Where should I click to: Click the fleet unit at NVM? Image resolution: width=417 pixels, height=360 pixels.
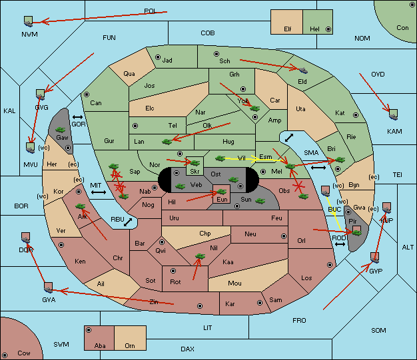click(29, 21)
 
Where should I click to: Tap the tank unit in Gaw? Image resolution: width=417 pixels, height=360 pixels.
click(61, 130)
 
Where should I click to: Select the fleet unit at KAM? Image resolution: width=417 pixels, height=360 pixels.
click(393, 114)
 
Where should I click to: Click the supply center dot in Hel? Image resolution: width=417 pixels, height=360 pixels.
click(328, 29)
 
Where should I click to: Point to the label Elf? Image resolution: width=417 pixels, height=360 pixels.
click(288, 29)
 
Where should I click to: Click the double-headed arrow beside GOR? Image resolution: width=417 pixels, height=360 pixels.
click(77, 117)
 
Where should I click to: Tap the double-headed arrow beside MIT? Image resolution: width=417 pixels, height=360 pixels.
click(99, 192)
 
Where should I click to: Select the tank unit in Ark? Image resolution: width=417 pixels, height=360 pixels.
click(81, 206)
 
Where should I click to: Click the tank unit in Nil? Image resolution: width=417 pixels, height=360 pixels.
click(200, 256)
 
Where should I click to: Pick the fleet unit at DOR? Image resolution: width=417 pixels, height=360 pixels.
click(25, 238)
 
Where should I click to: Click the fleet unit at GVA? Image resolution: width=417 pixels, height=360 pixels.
click(48, 287)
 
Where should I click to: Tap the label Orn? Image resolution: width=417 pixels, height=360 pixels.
click(130, 345)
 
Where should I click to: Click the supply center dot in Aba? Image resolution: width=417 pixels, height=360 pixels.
click(89, 330)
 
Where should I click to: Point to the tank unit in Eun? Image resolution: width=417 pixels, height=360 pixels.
click(221, 192)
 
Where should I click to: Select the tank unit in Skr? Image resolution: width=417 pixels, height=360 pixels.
click(195, 162)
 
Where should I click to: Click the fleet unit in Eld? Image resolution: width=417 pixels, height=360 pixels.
click(303, 71)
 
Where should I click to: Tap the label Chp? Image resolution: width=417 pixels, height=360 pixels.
click(205, 234)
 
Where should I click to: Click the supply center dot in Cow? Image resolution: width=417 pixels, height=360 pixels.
click(5, 355)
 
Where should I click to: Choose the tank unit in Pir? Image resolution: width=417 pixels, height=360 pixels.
click(356, 233)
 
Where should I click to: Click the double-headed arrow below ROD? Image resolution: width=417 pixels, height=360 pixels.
click(340, 244)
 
